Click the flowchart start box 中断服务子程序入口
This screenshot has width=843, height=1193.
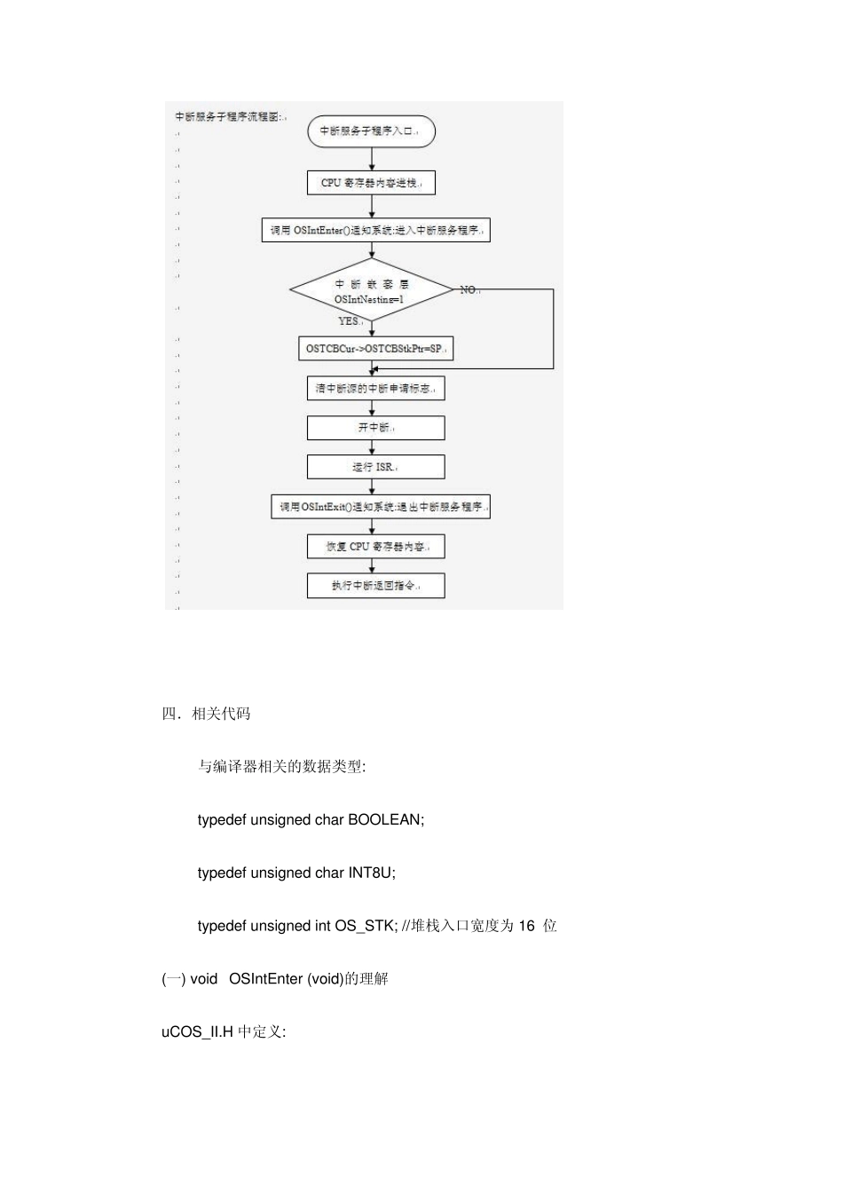[x=371, y=131]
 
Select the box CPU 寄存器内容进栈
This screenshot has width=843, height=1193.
[x=371, y=183]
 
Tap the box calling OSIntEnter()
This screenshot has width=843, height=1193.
[x=375, y=231]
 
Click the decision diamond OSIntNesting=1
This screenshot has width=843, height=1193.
[x=372, y=291]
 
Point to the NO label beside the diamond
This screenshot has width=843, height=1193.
[x=468, y=290]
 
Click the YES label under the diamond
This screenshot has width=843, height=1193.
[x=348, y=321]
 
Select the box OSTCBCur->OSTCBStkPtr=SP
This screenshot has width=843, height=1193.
[x=374, y=349]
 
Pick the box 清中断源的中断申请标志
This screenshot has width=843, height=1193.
[x=374, y=389]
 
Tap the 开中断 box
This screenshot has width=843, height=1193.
[x=374, y=428]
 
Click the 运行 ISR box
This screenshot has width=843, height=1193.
[x=374, y=467]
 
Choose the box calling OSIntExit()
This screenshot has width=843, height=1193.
[x=380, y=507]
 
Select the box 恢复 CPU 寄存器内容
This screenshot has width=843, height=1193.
[x=374, y=547]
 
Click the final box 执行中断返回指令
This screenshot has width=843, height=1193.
[x=374, y=586]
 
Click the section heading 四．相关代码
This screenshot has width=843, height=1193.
[x=206, y=714]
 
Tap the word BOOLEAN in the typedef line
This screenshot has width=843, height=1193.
[x=384, y=820]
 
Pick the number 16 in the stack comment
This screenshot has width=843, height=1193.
[x=526, y=926]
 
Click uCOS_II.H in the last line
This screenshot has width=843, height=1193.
[x=197, y=1032]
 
